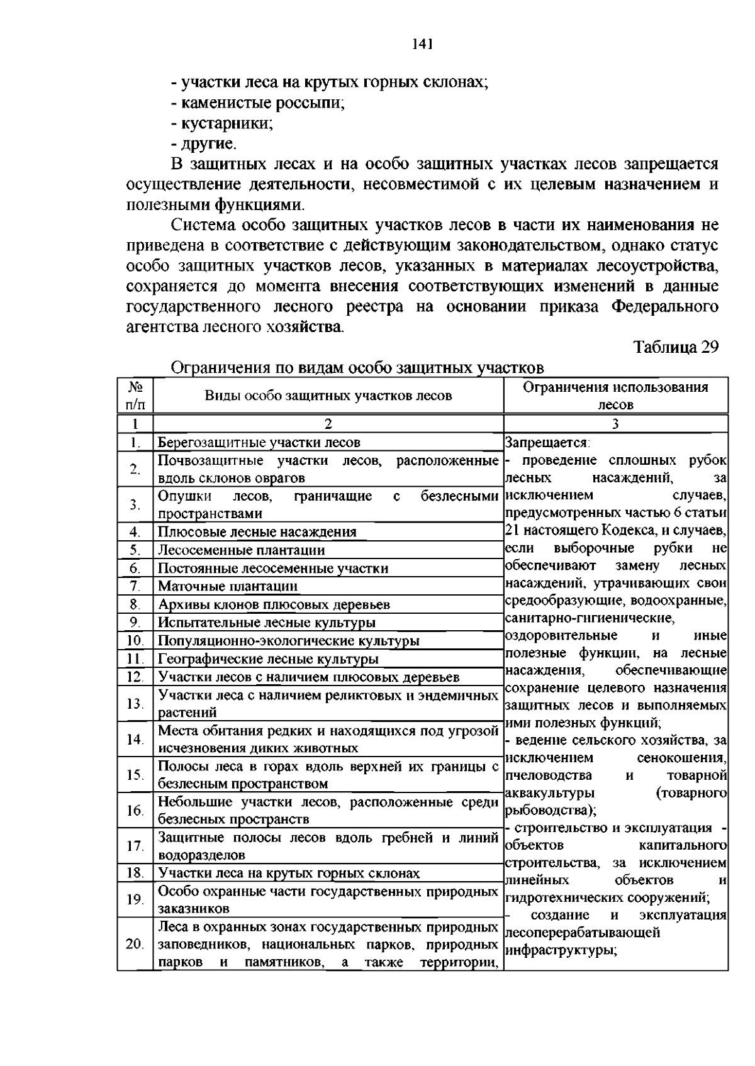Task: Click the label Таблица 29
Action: point(675,347)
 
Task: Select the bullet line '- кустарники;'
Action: point(222,123)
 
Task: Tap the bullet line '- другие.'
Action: point(204,143)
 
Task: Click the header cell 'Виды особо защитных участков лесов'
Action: point(328,396)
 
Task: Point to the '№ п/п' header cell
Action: point(135,396)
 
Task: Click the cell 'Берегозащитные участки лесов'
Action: point(259,442)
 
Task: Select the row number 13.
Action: point(135,703)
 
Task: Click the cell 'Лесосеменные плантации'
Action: point(241,550)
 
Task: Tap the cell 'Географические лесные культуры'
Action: point(268,659)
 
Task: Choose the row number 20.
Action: point(135,944)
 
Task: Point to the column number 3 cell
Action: point(615,423)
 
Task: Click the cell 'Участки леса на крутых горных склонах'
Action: point(288,873)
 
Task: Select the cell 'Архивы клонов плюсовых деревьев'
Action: point(274,604)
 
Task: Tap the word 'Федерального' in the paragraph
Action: point(665,307)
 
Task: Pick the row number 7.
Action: point(135,586)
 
